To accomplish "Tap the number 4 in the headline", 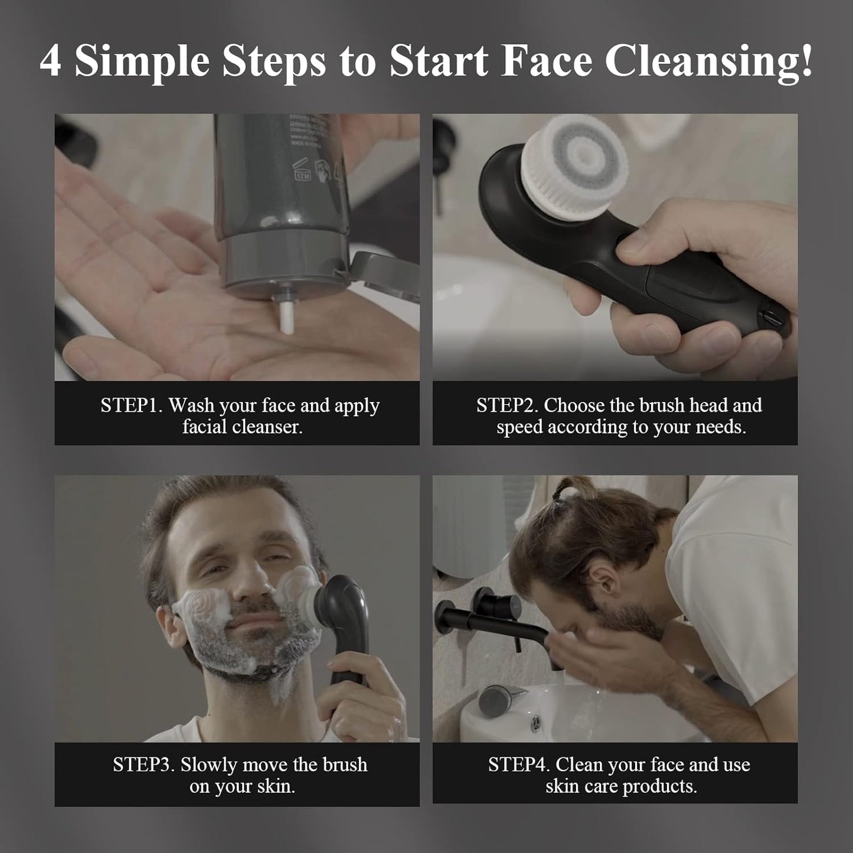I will (50, 61).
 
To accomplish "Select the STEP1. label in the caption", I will (131, 406).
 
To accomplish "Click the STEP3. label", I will (143, 765).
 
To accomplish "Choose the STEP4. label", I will (519, 765).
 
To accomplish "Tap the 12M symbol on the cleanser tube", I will (303, 174).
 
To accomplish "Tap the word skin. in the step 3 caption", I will (276, 786).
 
